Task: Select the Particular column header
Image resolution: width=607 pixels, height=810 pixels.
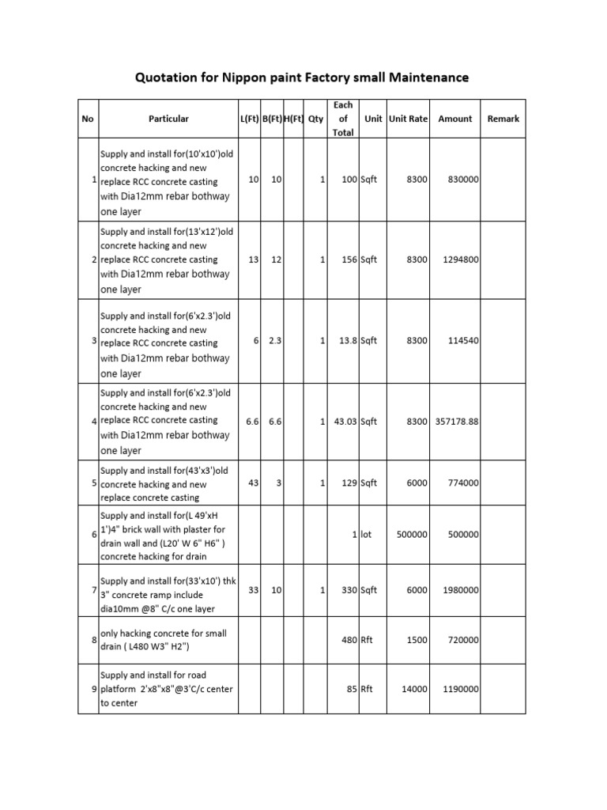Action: (x=168, y=119)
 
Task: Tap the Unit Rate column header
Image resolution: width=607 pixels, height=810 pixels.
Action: (x=408, y=119)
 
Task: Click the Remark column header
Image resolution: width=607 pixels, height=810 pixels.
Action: (x=503, y=119)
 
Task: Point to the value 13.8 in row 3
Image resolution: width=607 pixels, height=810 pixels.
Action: (x=345, y=341)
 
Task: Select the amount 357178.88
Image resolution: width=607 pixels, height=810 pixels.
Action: (x=456, y=422)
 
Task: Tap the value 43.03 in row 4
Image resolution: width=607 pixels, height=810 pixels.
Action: (x=343, y=422)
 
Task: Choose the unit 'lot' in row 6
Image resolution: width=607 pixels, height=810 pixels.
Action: (x=366, y=534)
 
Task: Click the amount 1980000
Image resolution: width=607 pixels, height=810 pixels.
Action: (x=455, y=590)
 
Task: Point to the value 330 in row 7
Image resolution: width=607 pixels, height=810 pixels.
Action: (x=348, y=590)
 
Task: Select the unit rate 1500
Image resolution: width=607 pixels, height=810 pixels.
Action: (x=416, y=641)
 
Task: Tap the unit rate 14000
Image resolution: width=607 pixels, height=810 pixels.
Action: (x=413, y=689)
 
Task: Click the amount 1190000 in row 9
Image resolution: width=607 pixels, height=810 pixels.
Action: (x=455, y=689)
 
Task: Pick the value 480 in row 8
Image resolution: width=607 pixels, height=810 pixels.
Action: (x=349, y=641)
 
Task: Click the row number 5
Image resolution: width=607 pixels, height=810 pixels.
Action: (x=93, y=483)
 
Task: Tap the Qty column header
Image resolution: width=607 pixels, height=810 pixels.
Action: (x=316, y=119)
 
